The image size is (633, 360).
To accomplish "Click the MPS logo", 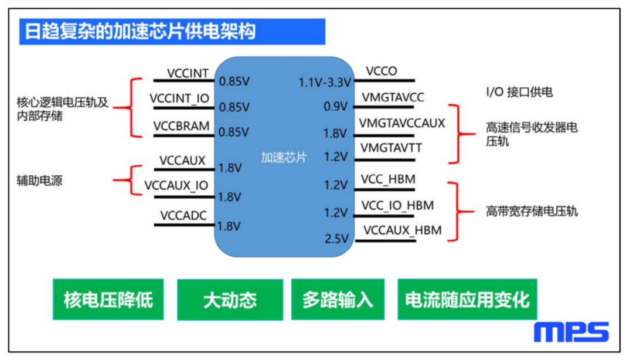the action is (x=571, y=332).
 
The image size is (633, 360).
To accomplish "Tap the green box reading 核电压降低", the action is (x=108, y=300).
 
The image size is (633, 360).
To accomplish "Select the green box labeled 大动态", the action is (x=230, y=300).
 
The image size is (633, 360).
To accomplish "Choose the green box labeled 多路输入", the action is (x=338, y=300).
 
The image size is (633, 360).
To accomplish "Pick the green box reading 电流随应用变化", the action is (x=467, y=300).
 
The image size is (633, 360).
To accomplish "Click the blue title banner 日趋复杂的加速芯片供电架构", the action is (x=172, y=32).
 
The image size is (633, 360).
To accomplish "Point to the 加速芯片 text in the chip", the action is (x=284, y=157).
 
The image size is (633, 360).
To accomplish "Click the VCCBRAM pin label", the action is (x=181, y=126).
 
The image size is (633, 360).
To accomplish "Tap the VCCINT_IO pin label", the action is (x=179, y=99).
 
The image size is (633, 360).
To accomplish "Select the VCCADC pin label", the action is (x=183, y=216).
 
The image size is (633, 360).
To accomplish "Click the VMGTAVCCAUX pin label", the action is (x=401, y=123).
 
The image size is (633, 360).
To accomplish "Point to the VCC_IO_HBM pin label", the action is (x=397, y=206).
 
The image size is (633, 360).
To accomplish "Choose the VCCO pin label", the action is (x=382, y=71).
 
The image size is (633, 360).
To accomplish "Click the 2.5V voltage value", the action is (x=336, y=239).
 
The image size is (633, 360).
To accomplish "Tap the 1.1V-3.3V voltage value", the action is (x=325, y=83).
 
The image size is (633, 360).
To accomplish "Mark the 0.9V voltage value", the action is (x=335, y=107).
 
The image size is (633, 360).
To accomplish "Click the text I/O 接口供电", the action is (x=519, y=92).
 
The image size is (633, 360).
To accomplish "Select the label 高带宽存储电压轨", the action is (x=532, y=211).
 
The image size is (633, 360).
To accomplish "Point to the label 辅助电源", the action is (x=40, y=181).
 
